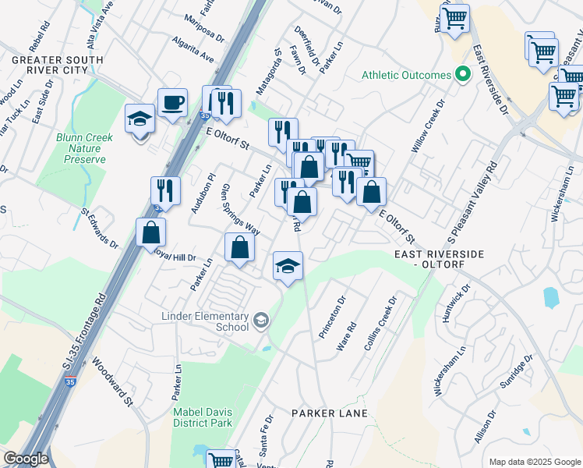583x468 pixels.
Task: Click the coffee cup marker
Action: [x=172, y=102]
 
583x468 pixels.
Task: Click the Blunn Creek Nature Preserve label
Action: [x=84, y=148]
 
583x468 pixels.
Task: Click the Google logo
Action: [x=26, y=459]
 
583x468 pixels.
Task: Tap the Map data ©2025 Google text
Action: [x=534, y=462]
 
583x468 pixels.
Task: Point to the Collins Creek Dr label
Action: [x=381, y=322]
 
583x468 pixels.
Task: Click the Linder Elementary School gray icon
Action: [x=260, y=319]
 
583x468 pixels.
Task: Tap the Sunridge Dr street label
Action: [x=518, y=372]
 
